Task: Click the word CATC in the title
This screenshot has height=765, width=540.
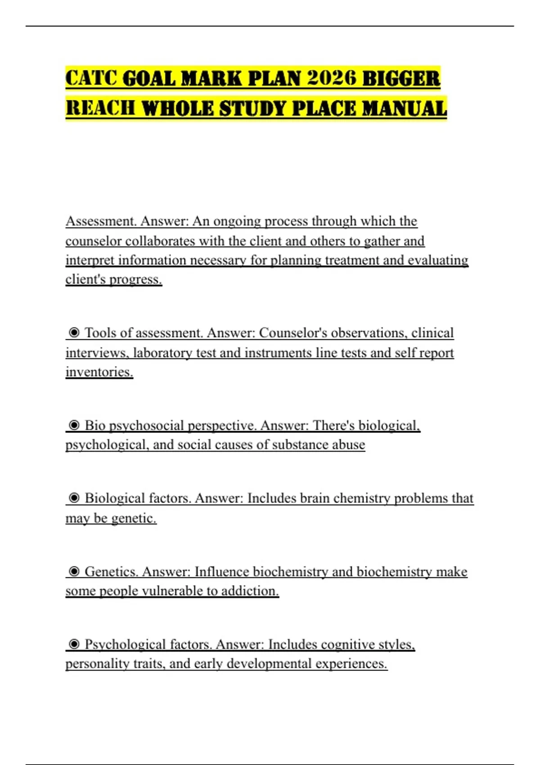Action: (x=91, y=78)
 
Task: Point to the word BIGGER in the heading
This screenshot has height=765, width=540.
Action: (x=401, y=78)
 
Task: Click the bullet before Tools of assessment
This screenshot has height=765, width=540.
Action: (x=75, y=333)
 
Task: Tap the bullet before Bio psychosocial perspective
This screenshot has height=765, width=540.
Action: (x=75, y=425)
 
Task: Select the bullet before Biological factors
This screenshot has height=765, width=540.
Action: (x=75, y=498)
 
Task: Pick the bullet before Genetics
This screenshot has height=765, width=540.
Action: (x=75, y=571)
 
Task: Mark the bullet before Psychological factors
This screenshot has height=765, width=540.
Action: (x=75, y=644)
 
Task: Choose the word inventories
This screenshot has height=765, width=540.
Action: (x=99, y=372)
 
